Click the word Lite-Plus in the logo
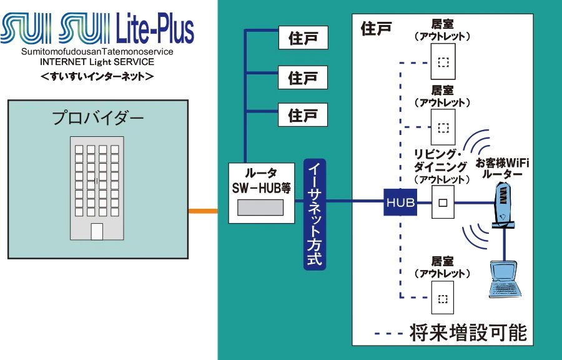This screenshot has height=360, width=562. [155, 29]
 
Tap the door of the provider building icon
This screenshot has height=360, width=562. [97, 231]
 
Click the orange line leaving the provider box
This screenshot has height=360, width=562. [203, 211]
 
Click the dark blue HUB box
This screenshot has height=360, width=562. [400, 202]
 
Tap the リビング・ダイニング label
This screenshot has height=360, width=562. [441, 161]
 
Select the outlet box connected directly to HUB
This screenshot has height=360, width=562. [443, 202]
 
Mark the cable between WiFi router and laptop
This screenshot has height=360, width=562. [505, 244]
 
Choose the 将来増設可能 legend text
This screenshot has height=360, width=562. [468, 332]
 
